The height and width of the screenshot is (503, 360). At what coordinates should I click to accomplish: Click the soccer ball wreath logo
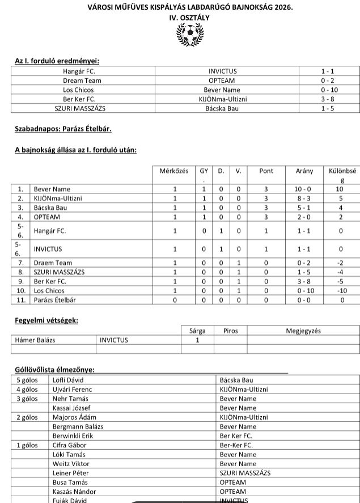point(189,36)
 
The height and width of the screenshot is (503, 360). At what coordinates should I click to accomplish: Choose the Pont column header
point(266,171)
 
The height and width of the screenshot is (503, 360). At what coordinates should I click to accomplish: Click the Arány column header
point(304,171)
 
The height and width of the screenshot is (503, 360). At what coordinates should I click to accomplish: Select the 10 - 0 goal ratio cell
point(304,189)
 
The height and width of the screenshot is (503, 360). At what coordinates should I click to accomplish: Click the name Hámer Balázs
point(36,340)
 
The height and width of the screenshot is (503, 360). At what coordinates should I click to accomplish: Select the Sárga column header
point(197,331)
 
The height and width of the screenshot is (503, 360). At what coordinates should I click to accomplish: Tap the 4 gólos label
point(27,390)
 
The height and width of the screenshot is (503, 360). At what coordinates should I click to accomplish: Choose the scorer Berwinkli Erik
point(72,436)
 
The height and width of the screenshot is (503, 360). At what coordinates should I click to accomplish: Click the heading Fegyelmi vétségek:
point(46,320)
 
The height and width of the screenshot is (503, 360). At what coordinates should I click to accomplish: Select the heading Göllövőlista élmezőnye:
point(54,370)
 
